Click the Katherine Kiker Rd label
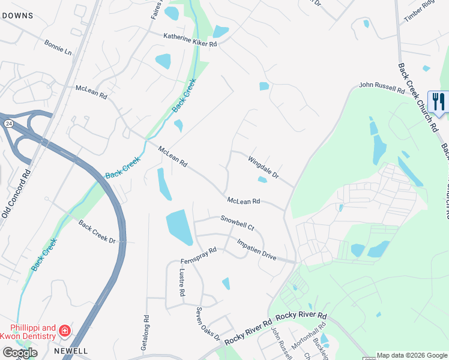[190, 40]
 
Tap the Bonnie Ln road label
[58, 47]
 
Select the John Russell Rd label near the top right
[382, 88]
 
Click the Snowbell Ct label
[237, 224]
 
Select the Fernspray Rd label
[198, 256]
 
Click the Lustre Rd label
[181, 283]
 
